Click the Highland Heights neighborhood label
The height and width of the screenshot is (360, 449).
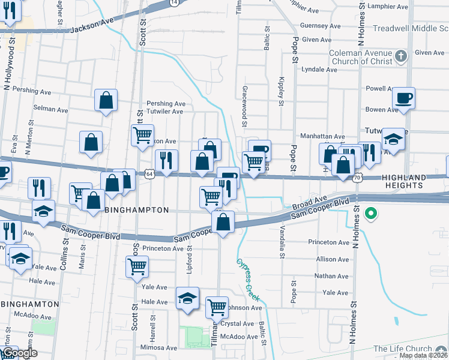click(x=414, y=181)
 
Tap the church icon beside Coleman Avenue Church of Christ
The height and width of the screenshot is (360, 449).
click(x=402, y=57)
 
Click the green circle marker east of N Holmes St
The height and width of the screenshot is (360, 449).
click(x=371, y=212)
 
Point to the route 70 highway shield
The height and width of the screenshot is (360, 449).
click(x=358, y=178)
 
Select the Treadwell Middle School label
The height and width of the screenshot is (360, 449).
click(x=410, y=29)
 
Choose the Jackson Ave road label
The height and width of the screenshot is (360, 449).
click(x=92, y=28)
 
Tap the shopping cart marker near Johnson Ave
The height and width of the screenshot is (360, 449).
click(x=217, y=307)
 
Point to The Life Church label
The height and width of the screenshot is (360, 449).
click(x=402, y=349)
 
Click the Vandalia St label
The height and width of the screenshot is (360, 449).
click(x=280, y=238)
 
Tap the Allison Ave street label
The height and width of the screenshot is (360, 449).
click(x=332, y=259)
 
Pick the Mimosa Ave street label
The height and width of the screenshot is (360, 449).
click(x=158, y=348)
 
